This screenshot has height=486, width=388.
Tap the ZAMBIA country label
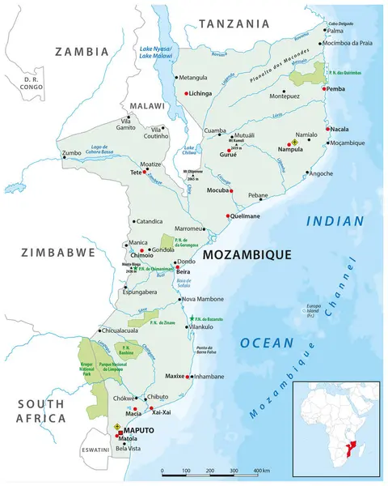click(81, 51)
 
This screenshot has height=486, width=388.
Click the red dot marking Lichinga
click(186, 94)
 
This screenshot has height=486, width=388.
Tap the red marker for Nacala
click(327, 129)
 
